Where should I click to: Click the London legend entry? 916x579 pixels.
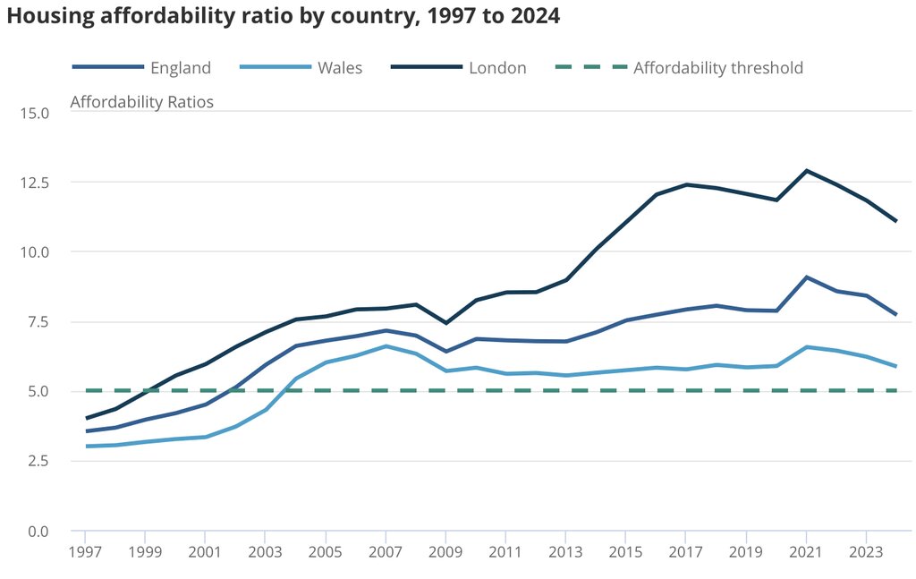point(497,68)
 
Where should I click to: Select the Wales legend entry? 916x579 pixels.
point(339,68)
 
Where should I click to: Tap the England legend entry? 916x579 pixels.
point(180,68)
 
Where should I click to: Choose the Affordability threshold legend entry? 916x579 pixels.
point(717,68)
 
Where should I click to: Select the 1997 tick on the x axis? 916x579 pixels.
point(86,552)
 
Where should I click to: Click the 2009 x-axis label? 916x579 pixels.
point(445,552)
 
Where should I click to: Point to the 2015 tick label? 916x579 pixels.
point(625,552)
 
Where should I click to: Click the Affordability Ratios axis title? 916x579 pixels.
point(141,102)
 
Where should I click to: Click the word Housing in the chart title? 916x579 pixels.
point(48,17)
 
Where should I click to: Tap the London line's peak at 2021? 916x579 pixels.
point(806,170)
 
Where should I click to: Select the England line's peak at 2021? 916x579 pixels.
point(806,277)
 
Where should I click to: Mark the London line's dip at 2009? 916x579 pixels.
point(445,323)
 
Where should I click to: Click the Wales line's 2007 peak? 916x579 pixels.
point(386,345)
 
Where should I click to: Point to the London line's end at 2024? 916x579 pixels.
point(896,221)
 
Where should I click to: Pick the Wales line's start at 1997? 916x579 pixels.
point(86,446)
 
